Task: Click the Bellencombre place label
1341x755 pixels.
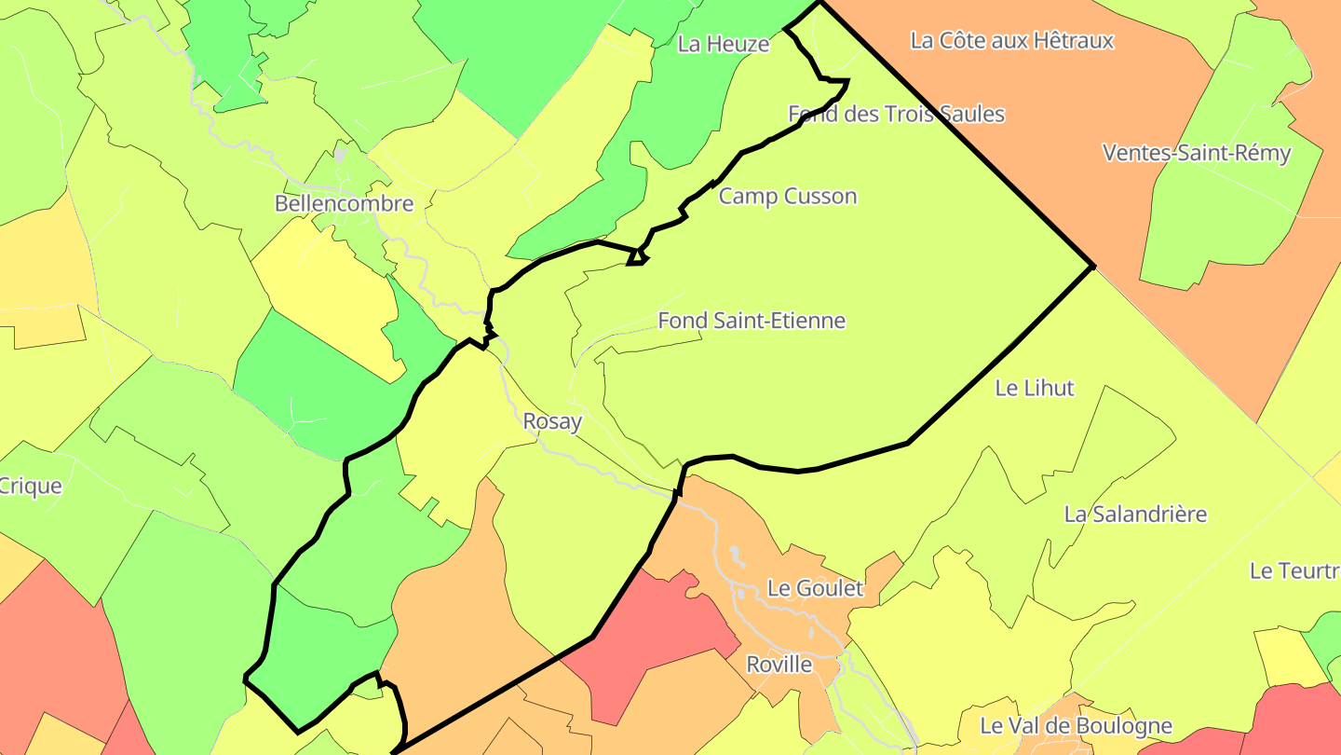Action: pyautogui.click(x=344, y=203)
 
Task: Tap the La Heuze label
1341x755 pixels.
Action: pyautogui.click(x=724, y=44)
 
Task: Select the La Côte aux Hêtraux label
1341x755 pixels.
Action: pyautogui.click(x=1011, y=40)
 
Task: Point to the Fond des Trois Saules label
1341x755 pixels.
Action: pyautogui.click(x=896, y=114)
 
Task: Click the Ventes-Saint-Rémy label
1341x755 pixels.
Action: pyautogui.click(x=1196, y=153)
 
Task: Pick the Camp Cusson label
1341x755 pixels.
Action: pyautogui.click(x=787, y=196)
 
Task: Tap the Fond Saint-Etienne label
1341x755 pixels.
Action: pyautogui.click(x=752, y=321)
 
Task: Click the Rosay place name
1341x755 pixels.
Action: pyautogui.click(x=552, y=421)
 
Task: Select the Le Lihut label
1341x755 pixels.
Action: pyautogui.click(x=1035, y=388)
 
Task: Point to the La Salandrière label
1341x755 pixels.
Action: pyautogui.click(x=1135, y=514)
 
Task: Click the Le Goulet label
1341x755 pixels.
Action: pyautogui.click(x=815, y=588)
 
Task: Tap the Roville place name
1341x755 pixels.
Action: pyautogui.click(x=779, y=665)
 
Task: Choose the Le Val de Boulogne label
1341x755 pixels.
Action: pyautogui.click(x=1076, y=725)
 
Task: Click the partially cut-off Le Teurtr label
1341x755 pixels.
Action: pyautogui.click(x=1294, y=570)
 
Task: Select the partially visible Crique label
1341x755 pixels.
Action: pyautogui.click(x=31, y=486)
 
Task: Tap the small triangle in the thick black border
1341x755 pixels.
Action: pyautogui.click(x=636, y=257)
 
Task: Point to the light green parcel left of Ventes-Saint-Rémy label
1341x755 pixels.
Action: pyautogui.click(x=1211, y=214)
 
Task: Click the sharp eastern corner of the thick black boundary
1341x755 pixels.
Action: pyautogui.click(x=1092, y=267)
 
